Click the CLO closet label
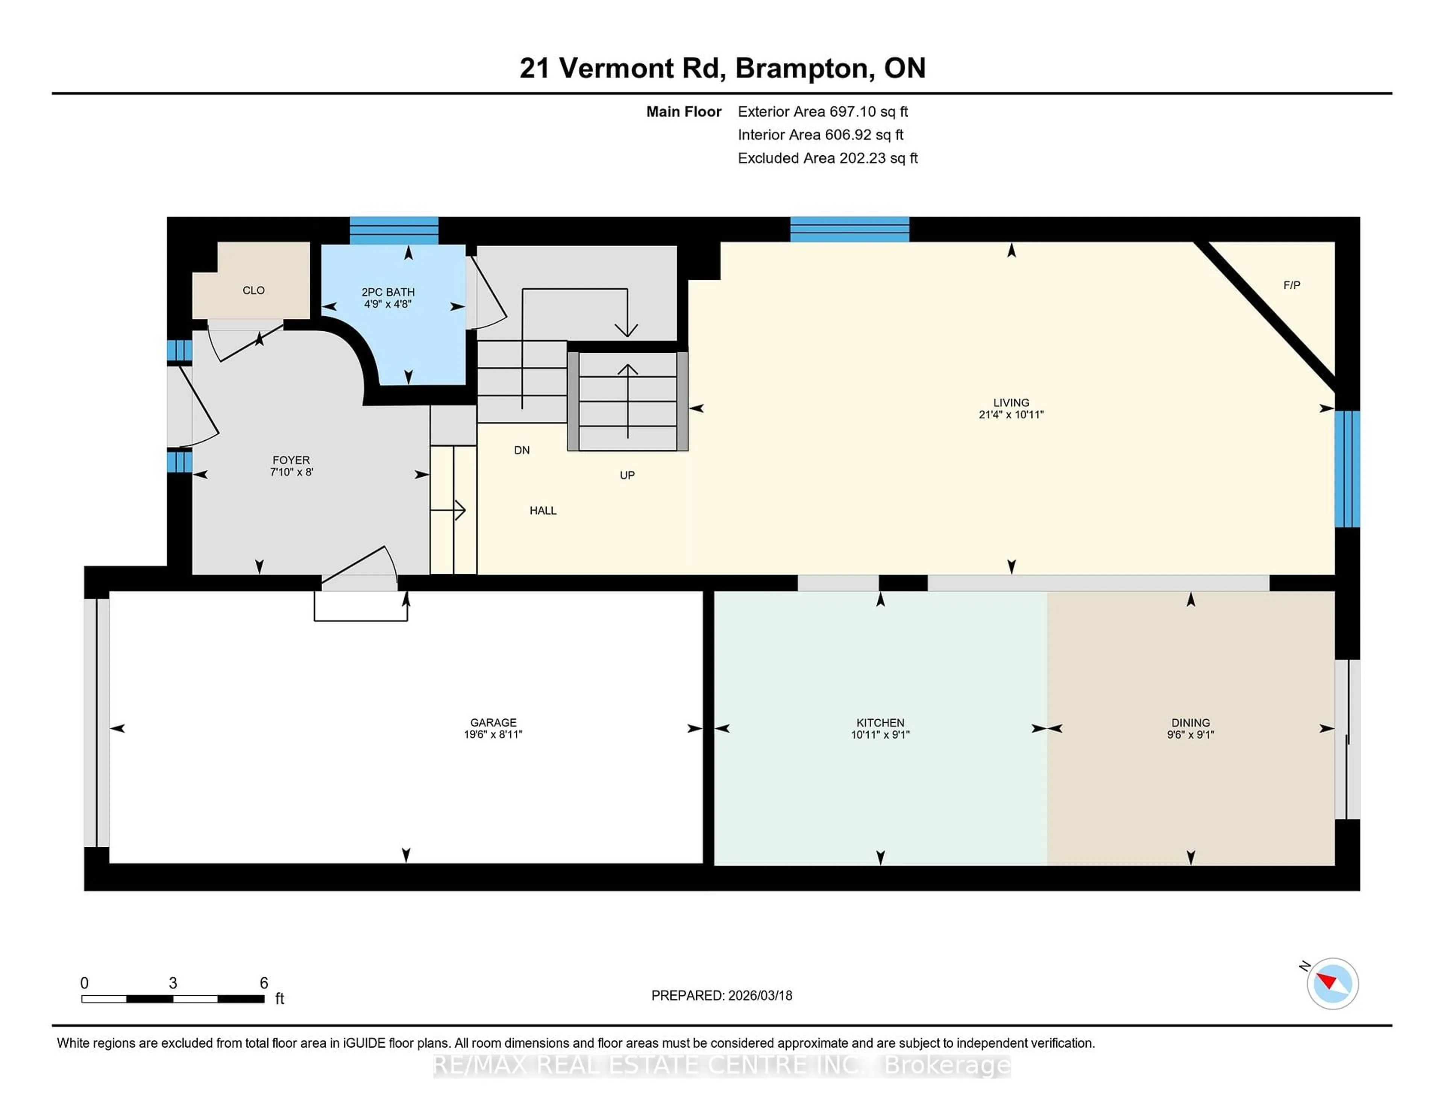click(x=253, y=290)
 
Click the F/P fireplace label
click(x=1291, y=285)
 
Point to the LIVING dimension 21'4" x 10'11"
click(x=1011, y=414)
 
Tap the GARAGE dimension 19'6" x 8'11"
click(x=493, y=734)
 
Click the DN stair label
click(x=522, y=450)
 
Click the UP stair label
click(x=627, y=475)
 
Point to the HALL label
click(x=543, y=510)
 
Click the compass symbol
click(x=1332, y=984)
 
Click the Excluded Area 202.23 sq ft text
click(x=828, y=158)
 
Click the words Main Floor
click(x=684, y=112)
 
